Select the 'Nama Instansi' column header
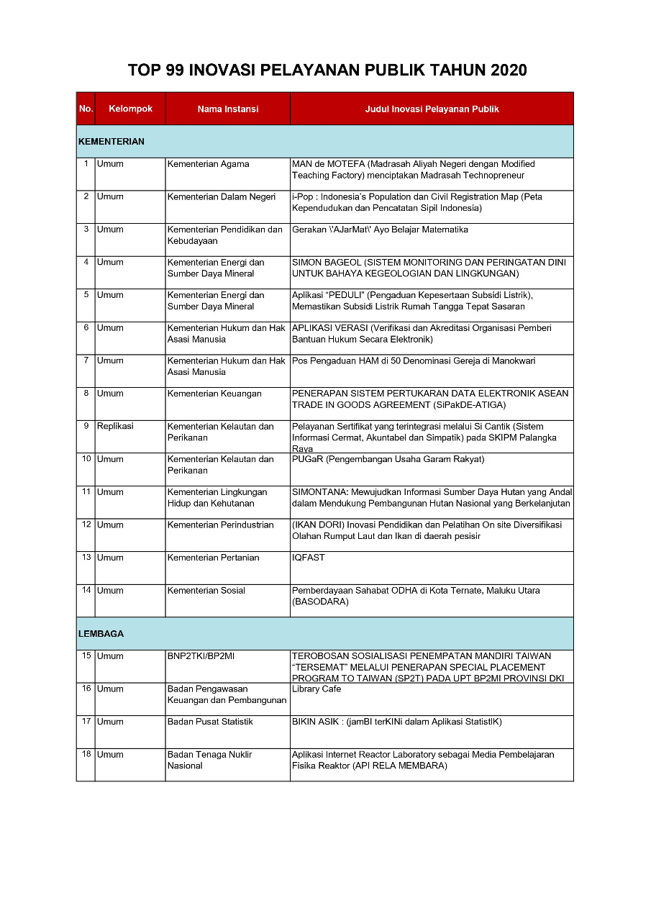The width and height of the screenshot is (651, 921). pos(227,109)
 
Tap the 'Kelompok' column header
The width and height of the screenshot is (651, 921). pos(130,109)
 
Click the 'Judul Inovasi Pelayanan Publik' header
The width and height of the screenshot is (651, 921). pos(432,109)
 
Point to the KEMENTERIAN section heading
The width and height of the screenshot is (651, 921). pos(111,142)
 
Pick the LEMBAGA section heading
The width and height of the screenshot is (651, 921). pos(101,634)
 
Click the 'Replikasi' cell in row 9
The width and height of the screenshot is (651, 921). pos(115,426)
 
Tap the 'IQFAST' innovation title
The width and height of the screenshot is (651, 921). pos(308,558)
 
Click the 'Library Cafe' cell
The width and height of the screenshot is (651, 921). pos(316,689)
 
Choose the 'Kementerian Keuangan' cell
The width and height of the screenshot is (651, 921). pos(214,394)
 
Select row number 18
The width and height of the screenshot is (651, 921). pos(86,754)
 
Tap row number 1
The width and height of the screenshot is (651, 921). pos(86,163)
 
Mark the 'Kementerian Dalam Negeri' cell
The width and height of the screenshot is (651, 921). pos(221,197)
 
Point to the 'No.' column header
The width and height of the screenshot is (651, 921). pos(86,109)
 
